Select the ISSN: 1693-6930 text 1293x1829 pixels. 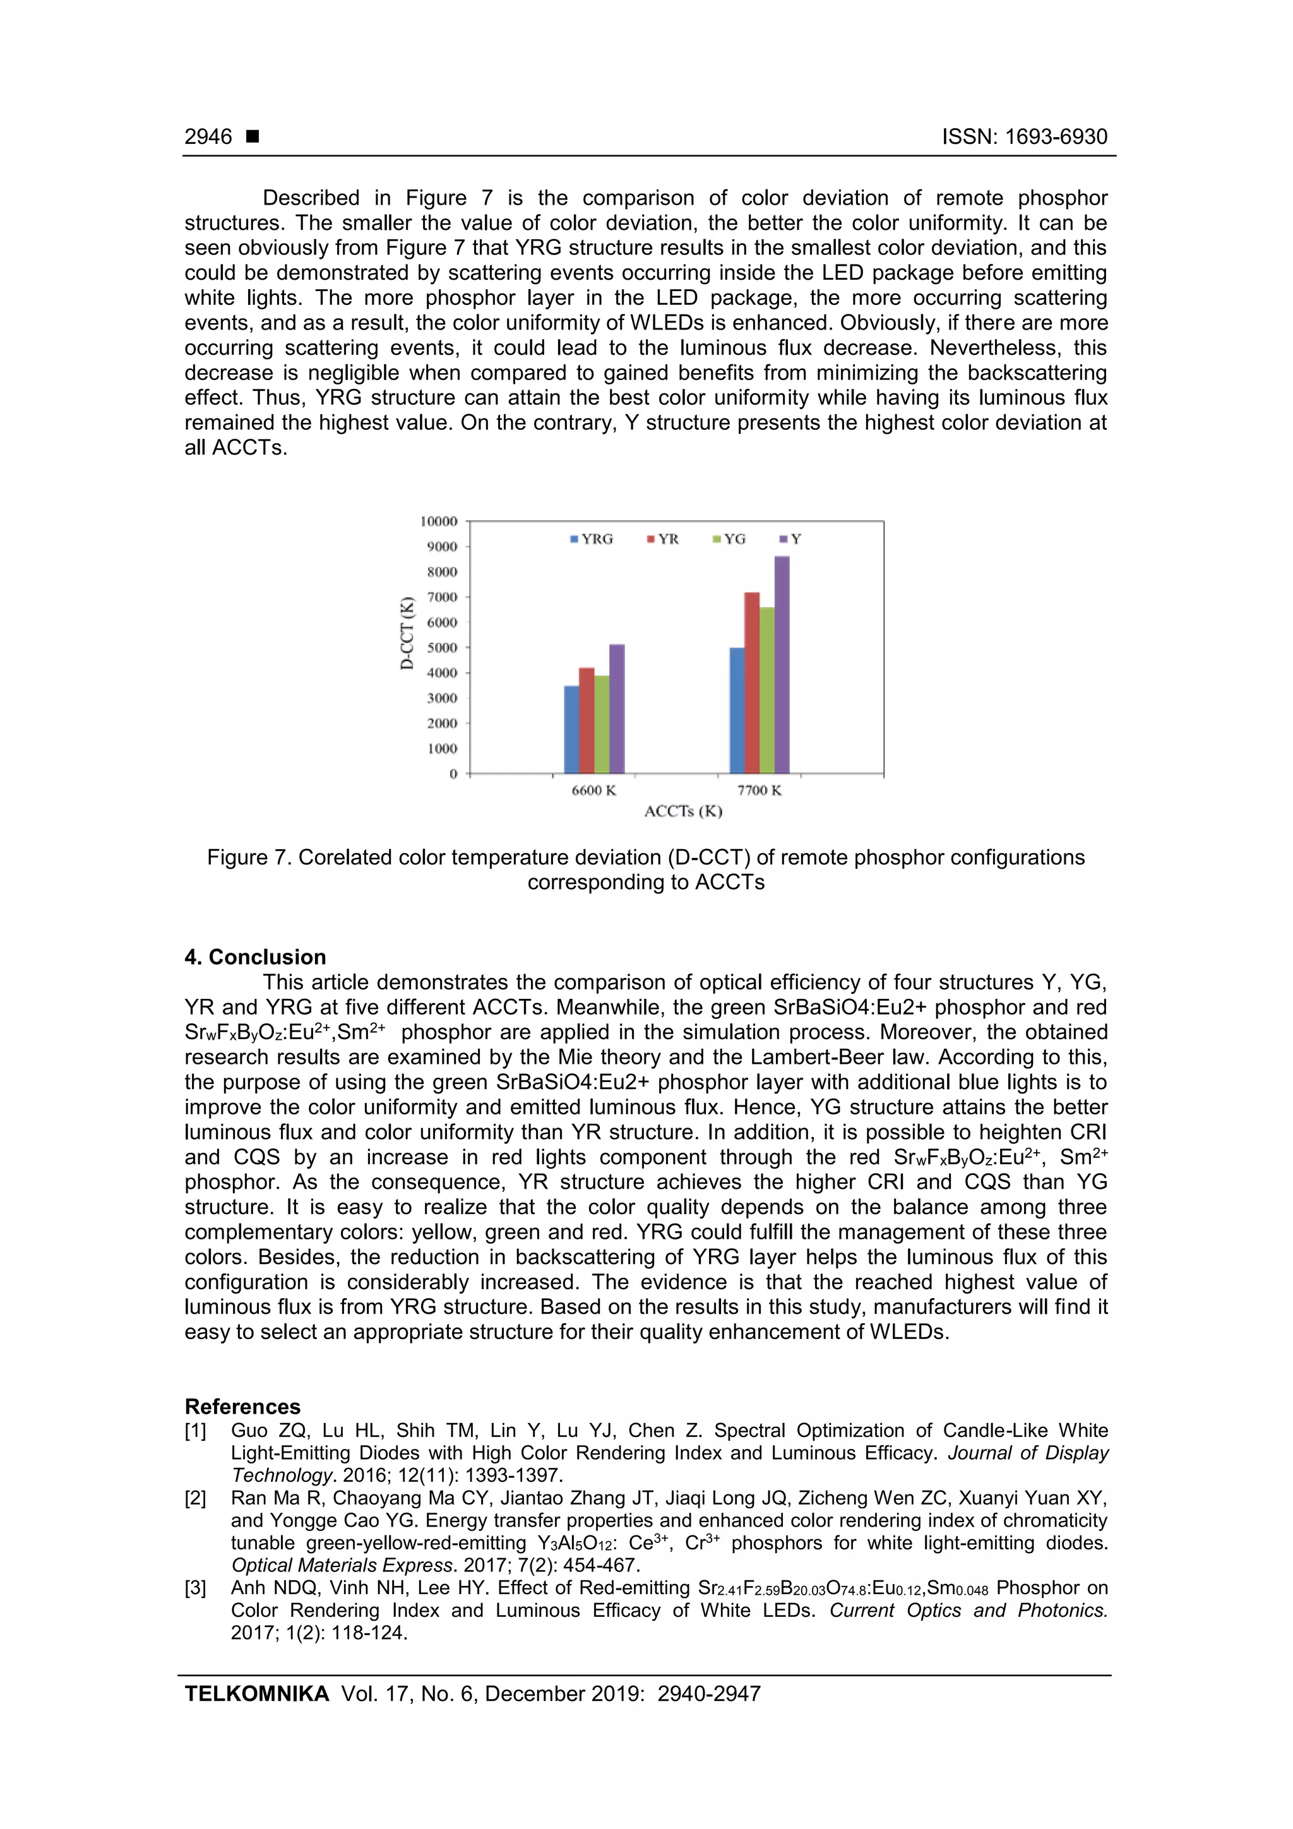[1023, 137]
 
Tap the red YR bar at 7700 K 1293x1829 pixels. [751, 682]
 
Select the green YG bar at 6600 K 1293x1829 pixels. [602, 724]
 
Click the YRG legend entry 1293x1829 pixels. [592, 539]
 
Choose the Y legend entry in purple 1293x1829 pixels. [791, 539]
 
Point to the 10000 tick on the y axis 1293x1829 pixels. [439, 521]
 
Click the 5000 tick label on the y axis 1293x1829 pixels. [442, 648]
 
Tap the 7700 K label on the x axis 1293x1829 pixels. [760, 790]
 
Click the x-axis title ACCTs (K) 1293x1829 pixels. [682, 812]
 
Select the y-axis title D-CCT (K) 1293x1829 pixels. [407, 633]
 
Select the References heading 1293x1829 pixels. [242, 1406]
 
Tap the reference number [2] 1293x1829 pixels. [195, 1498]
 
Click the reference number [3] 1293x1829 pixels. [195, 1588]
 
